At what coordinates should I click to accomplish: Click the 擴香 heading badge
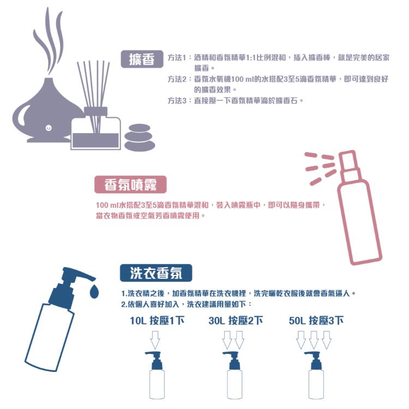point(142,58)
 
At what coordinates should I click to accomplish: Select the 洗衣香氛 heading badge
point(155,272)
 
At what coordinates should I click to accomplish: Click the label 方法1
point(178,57)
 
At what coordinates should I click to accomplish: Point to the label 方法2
point(178,79)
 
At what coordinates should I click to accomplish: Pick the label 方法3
point(178,101)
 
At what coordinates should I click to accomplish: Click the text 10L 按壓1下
point(157,320)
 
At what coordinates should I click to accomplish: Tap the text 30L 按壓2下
point(236,320)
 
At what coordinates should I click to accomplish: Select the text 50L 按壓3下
point(316,320)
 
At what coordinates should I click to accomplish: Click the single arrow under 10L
point(155,340)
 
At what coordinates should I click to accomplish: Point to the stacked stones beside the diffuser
point(140,137)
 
